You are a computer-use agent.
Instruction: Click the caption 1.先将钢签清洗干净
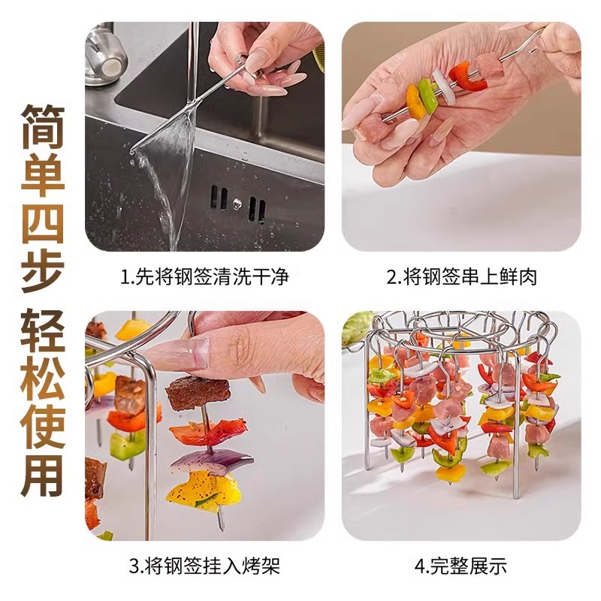point(205,276)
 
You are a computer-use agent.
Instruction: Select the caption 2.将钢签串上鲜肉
point(461,276)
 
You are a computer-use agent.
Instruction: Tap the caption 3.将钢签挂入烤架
point(205,566)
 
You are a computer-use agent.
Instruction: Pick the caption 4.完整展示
point(461,566)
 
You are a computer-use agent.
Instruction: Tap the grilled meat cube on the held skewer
point(198,393)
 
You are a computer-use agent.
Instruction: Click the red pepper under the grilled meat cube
point(207,431)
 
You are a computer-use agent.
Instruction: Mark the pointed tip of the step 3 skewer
point(221,527)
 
